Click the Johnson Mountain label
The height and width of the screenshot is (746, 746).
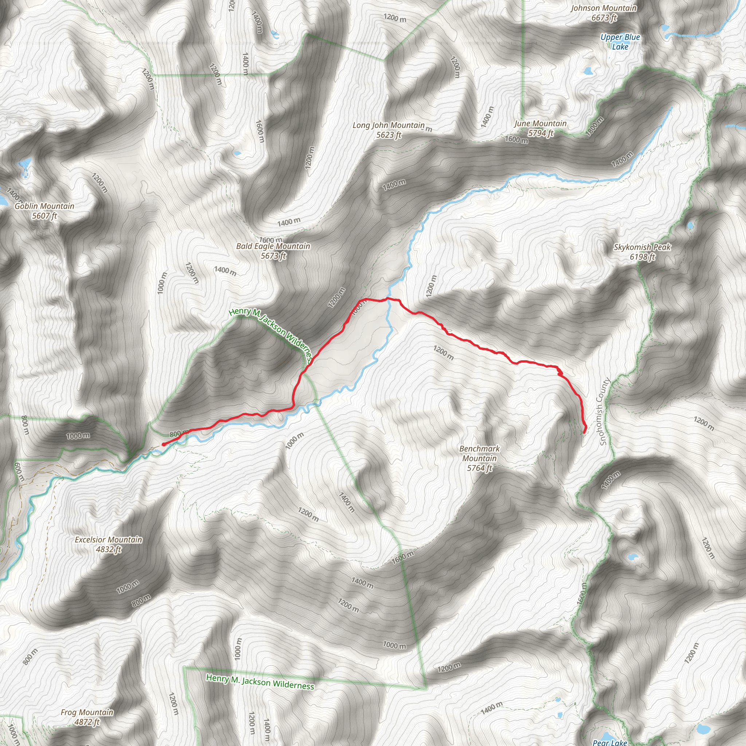(x=604, y=8)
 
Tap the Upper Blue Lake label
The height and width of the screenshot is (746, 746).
(x=620, y=42)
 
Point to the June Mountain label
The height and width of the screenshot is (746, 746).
(x=540, y=123)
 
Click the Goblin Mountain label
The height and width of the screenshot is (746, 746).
(x=44, y=206)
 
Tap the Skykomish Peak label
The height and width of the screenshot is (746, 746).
(x=643, y=247)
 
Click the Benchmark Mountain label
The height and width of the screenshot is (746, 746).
(x=479, y=453)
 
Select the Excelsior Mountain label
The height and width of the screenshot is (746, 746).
(x=109, y=539)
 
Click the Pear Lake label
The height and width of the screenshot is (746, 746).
(x=610, y=742)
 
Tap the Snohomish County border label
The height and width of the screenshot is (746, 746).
(x=604, y=412)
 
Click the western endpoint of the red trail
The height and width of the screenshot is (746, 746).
(x=163, y=444)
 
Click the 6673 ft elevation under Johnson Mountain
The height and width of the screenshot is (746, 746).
(x=604, y=18)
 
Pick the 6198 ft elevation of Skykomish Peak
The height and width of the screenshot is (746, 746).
(x=643, y=257)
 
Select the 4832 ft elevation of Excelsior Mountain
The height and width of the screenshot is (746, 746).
(x=109, y=549)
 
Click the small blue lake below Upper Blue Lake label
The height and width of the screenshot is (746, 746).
(x=588, y=71)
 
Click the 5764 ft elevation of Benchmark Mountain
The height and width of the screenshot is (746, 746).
(x=479, y=468)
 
